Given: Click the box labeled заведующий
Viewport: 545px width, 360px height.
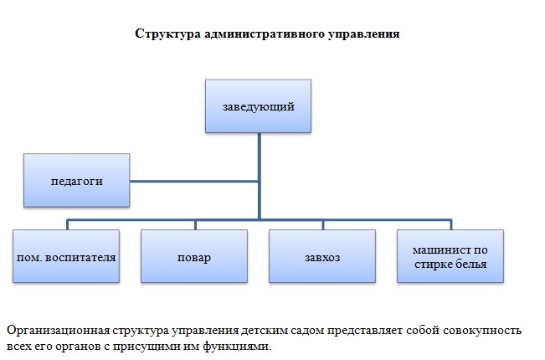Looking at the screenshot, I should click(x=259, y=106).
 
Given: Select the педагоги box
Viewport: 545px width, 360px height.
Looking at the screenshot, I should click(x=77, y=180).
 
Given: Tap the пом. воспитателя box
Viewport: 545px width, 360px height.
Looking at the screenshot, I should click(x=66, y=255).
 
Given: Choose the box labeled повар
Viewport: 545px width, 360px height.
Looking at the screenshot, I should click(x=194, y=255).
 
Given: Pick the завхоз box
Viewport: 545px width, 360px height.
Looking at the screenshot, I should click(x=322, y=255).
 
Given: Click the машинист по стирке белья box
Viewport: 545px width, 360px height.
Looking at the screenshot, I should click(x=450, y=255).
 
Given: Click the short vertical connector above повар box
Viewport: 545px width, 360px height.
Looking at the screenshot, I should click(x=194, y=224).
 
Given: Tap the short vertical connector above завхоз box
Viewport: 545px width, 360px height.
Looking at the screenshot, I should click(x=324, y=224).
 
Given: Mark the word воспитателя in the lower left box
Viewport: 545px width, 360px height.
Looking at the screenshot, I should click(x=80, y=255).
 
